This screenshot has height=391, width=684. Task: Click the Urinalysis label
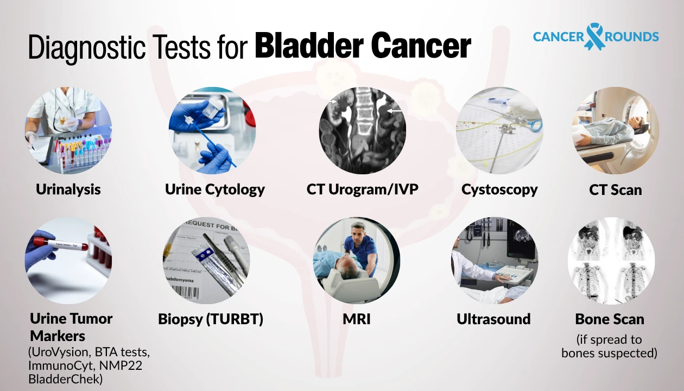click(68, 190)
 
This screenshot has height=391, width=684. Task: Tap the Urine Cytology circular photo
click(212, 130)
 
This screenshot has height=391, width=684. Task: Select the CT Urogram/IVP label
click(363, 190)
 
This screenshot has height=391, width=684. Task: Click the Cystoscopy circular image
click(499, 130)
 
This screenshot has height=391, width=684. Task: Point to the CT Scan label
click(616, 190)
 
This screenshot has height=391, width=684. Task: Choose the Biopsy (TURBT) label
click(211, 319)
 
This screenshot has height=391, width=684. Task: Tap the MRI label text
click(357, 319)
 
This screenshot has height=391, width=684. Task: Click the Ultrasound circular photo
click(495, 261)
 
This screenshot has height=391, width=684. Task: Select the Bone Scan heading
click(610, 319)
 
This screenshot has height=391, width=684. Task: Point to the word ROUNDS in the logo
click(631, 37)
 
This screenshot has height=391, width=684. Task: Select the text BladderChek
click(65, 379)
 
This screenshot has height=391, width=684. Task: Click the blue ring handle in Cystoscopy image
click(536, 126)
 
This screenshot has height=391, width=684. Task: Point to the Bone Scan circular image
click(611, 261)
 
